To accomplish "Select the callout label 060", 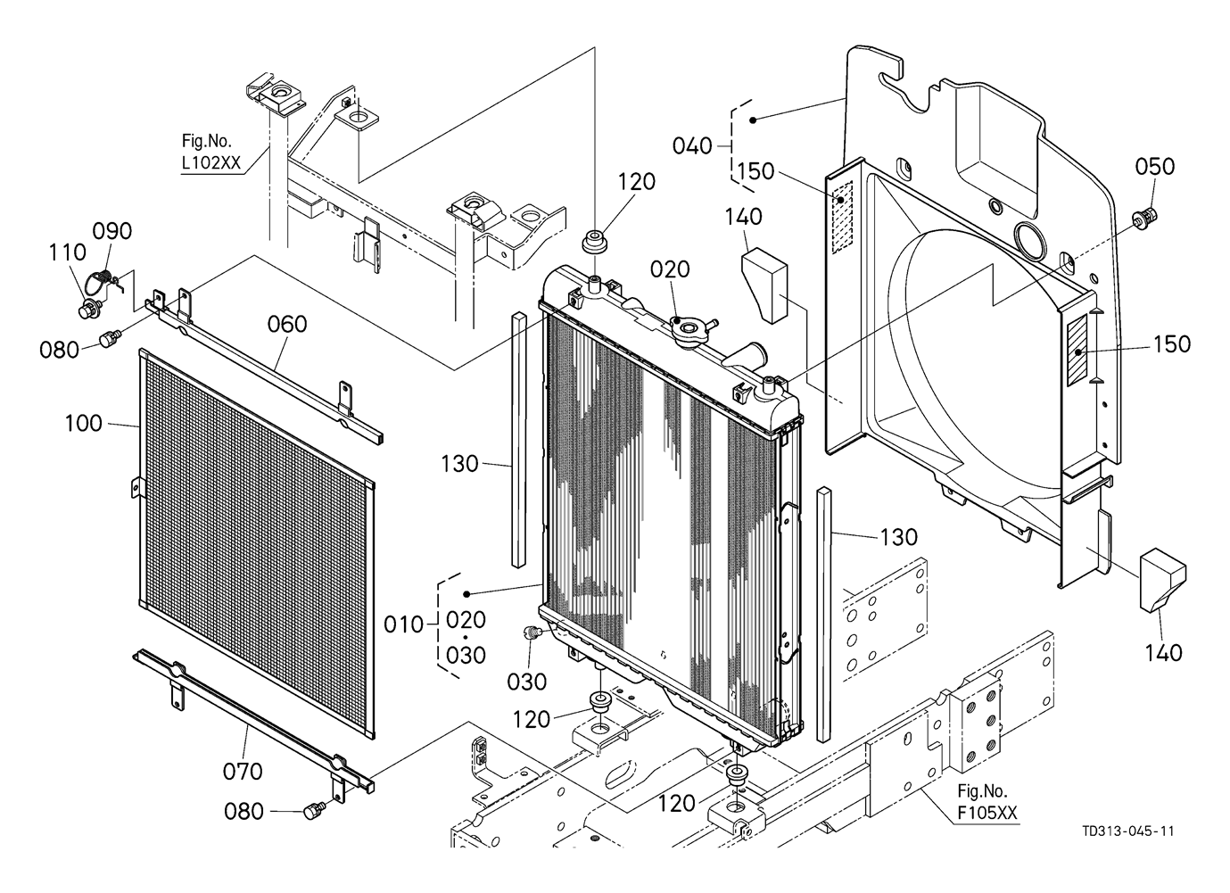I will [x=287, y=324].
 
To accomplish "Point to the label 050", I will [x=1155, y=167].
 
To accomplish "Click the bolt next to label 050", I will [x=1146, y=216].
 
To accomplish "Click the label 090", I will [x=112, y=231].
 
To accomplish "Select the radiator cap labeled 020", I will [x=689, y=329].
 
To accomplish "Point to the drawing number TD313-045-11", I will [x=1127, y=831].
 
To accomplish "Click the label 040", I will [x=692, y=145].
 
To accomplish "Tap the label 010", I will [x=405, y=624].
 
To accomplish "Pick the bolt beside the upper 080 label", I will [x=111, y=339].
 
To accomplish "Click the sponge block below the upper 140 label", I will [x=764, y=284].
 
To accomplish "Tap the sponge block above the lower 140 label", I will [x=1161, y=580].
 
